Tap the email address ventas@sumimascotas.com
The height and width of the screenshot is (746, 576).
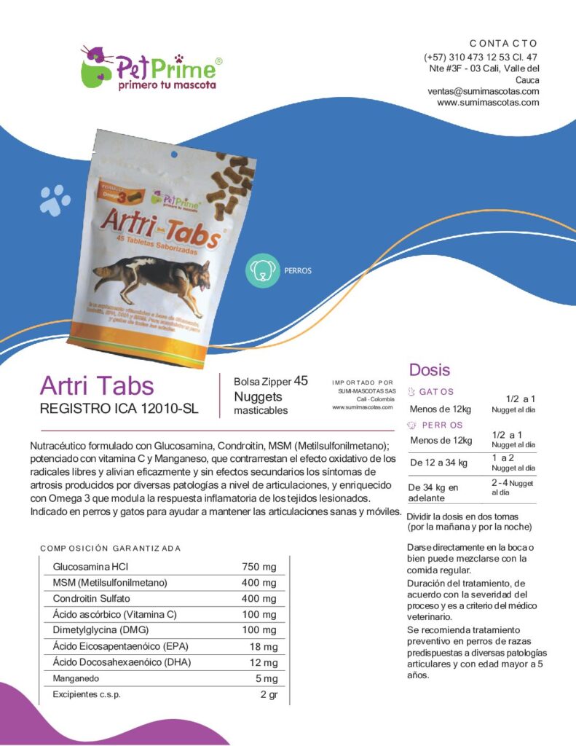point(483,92)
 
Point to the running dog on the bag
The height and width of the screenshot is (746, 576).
point(153,278)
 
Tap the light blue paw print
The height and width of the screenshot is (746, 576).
point(55,199)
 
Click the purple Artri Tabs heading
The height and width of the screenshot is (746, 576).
point(97,386)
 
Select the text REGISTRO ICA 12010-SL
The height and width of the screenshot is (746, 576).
point(119,409)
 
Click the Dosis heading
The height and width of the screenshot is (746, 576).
point(429,369)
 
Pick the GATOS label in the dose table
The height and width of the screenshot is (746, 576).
point(436,392)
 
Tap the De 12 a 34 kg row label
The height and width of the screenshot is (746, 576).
point(438,463)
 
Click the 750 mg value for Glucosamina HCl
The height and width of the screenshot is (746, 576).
point(259,567)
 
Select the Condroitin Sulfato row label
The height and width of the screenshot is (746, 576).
point(92,599)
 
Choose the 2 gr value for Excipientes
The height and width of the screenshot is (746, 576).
point(269,694)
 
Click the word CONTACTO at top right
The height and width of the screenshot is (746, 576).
point(503,44)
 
